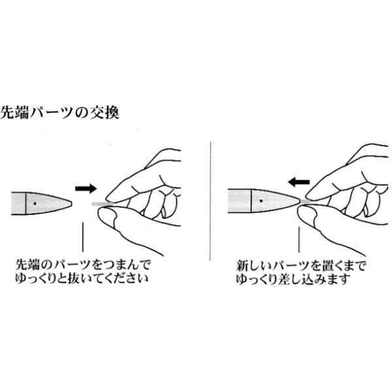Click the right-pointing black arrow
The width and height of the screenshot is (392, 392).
click(84, 188)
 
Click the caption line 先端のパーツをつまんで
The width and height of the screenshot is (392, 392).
click(82, 266)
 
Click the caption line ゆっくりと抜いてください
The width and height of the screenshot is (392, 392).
click(82, 280)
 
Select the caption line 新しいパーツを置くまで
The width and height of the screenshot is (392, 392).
click(301, 266)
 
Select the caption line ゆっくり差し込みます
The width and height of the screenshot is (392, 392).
click(294, 280)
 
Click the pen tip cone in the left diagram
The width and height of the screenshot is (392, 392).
click(56, 204)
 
